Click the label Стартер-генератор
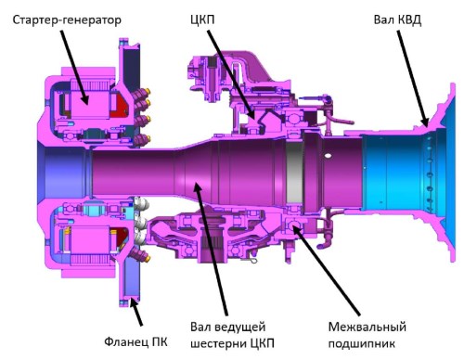67,20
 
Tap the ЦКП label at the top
202,19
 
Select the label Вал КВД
397,19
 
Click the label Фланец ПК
135,342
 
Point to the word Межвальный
367,328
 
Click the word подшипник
362,343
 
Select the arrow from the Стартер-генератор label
74,67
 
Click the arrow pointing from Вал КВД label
413,79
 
